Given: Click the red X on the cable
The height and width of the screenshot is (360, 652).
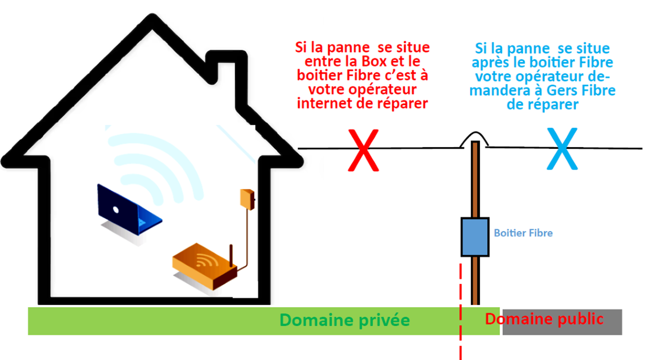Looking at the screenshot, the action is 363,150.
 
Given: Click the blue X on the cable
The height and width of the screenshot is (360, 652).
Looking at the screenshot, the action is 562,149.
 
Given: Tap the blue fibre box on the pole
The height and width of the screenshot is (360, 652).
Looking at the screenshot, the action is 474,237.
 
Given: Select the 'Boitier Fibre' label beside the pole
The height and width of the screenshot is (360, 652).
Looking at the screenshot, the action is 523,233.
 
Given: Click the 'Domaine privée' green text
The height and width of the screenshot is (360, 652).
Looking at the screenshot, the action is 344,321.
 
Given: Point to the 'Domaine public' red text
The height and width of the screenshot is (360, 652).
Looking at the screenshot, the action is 544,318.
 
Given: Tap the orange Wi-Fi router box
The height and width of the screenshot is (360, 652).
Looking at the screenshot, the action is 204,267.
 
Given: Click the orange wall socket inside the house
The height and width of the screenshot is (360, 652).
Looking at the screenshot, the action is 247,199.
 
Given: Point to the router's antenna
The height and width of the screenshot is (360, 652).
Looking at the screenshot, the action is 231,255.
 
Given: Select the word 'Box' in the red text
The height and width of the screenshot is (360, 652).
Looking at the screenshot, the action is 374,61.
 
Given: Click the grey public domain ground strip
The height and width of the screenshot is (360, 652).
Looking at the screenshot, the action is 562,322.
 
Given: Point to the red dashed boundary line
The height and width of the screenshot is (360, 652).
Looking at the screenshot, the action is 461,311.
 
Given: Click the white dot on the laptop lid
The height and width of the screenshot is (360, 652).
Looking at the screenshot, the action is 116,210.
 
